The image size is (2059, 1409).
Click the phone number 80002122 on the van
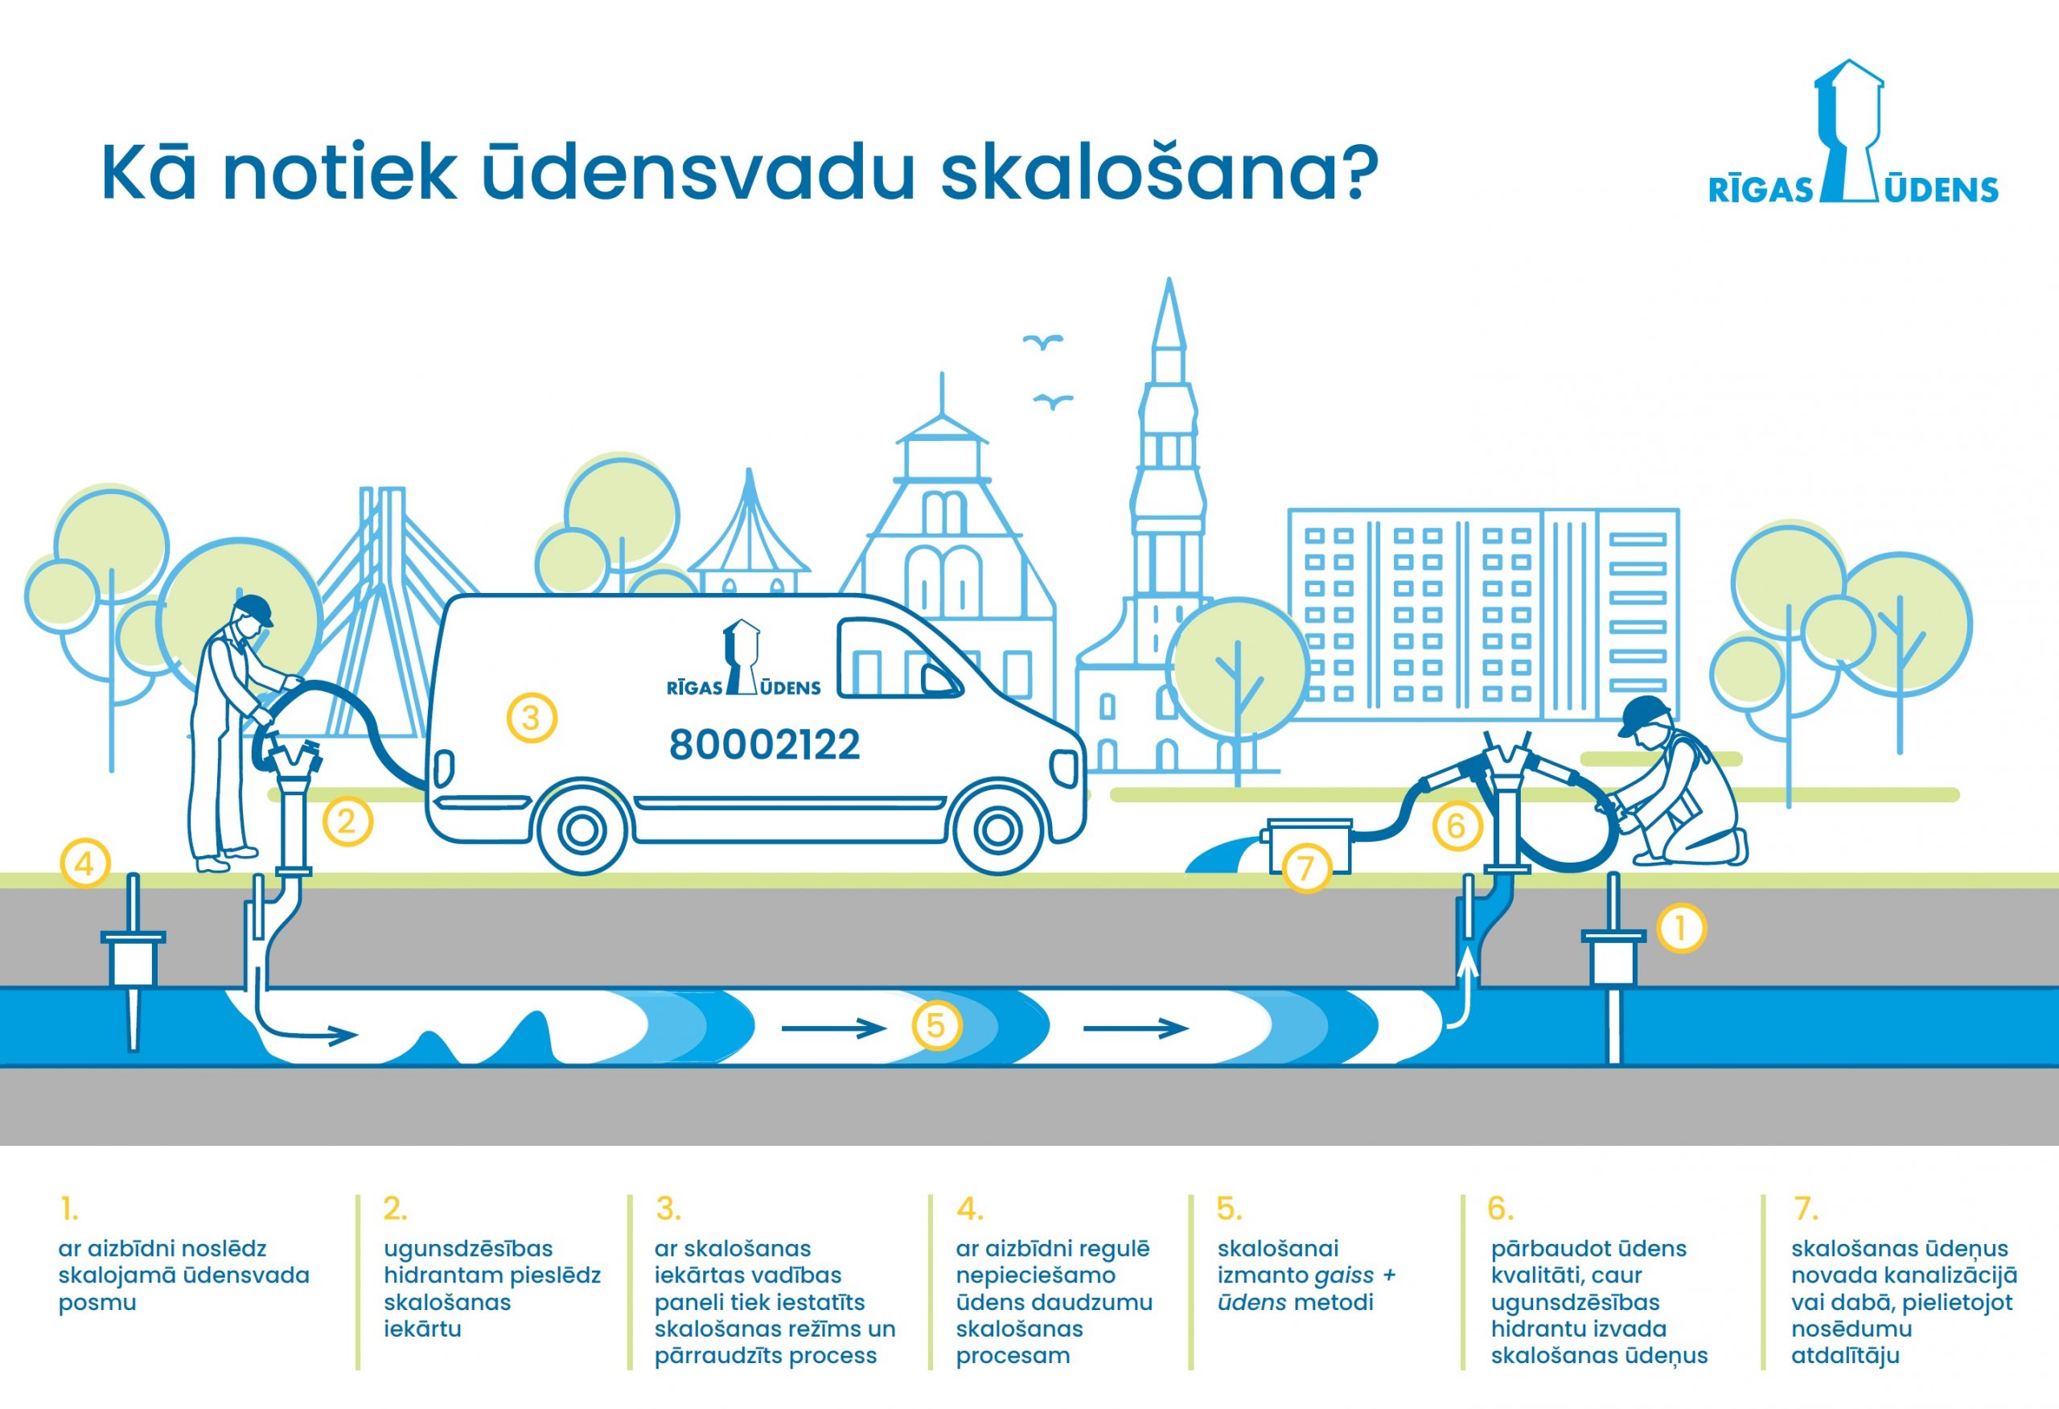tap(764, 745)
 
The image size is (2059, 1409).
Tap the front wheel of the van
tap(998, 830)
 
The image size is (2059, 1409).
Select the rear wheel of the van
tap(582, 830)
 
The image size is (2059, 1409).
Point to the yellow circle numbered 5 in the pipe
tap(935, 1025)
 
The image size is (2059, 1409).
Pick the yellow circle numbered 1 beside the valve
tap(1681, 928)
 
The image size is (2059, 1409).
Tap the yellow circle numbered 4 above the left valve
tap(85, 863)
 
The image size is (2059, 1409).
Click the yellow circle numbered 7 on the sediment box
tap(1306, 867)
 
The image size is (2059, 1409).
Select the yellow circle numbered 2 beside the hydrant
tap(347, 822)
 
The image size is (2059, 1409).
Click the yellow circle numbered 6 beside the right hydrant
tap(1457, 826)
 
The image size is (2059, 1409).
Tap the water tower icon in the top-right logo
tap(1848, 130)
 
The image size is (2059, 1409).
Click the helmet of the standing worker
tap(254, 609)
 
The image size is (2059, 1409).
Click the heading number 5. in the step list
tap(1229, 1209)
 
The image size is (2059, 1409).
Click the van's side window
tap(898, 658)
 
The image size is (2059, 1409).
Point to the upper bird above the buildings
tap(1043, 342)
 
